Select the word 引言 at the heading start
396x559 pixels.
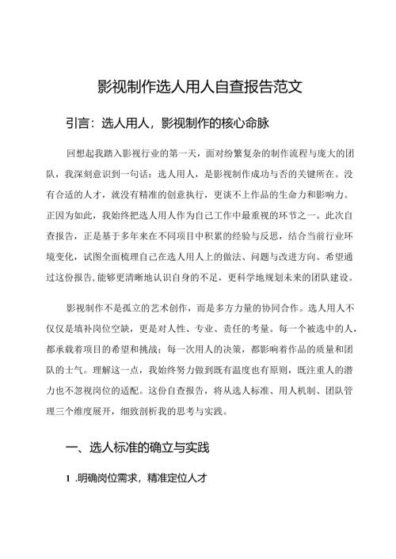click(x=79, y=123)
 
